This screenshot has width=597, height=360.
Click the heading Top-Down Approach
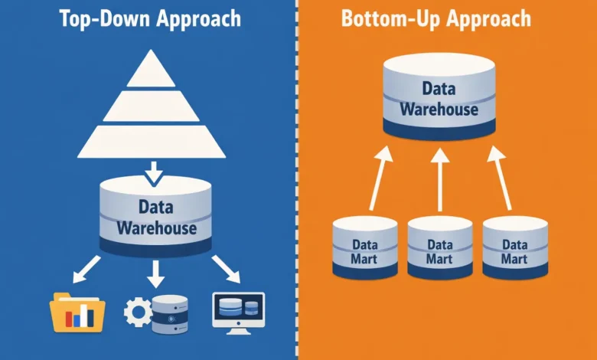point(149,19)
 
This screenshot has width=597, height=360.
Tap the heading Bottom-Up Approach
point(448,19)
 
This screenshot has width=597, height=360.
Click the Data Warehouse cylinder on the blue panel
point(156,216)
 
